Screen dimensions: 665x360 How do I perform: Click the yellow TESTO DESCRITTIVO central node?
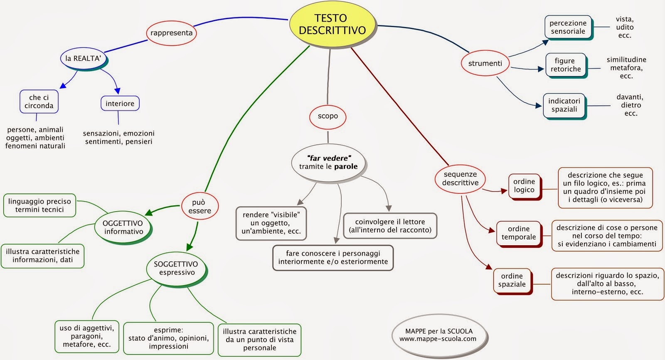click(332, 25)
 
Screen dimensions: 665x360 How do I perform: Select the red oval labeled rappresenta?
click(171, 33)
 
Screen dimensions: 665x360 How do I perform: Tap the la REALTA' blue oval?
click(84, 59)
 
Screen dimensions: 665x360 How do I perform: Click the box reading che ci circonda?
click(39, 101)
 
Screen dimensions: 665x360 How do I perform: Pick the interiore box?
click(120, 104)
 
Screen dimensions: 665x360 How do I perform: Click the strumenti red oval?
click(485, 63)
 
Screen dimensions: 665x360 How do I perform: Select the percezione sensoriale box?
click(569, 27)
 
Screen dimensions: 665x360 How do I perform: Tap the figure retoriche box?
click(566, 65)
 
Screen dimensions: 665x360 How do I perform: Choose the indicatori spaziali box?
click(564, 106)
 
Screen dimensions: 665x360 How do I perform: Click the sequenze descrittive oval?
click(460, 179)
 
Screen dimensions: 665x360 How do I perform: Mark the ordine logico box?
click(525, 187)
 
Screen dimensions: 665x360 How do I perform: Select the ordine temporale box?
click(519, 234)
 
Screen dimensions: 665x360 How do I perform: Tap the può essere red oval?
click(200, 206)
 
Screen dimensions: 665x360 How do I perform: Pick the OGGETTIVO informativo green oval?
click(123, 228)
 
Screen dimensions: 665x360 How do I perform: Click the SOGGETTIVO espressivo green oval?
click(177, 269)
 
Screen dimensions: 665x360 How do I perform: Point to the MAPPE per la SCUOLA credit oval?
click(439, 335)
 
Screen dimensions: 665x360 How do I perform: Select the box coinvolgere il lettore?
click(390, 226)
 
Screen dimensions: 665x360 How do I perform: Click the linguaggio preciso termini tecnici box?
click(39, 205)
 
